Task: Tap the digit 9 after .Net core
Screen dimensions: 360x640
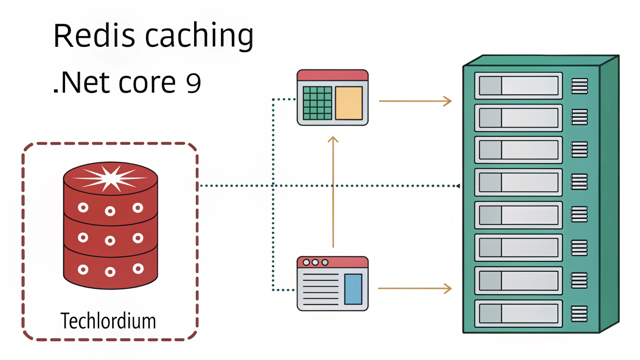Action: click(193, 84)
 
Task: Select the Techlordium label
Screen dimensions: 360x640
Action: click(108, 321)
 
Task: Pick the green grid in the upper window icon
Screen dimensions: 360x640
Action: click(317, 103)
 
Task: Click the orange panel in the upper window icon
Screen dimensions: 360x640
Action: click(349, 103)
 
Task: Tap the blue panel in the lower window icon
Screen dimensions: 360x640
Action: click(353, 289)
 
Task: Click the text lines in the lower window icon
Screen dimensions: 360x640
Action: click(320, 289)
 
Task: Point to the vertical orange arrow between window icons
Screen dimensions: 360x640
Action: click(333, 191)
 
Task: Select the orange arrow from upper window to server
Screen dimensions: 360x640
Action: click(415, 101)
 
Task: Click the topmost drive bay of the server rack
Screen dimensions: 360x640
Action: click(519, 85)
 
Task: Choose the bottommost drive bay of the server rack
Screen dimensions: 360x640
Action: click(519, 313)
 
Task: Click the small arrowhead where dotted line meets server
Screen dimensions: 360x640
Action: click(458, 186)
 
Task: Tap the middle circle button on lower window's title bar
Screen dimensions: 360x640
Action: click(315, 262)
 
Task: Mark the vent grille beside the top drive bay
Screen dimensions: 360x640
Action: click(580, 85)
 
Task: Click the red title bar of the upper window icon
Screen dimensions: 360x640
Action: click(332, 75)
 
